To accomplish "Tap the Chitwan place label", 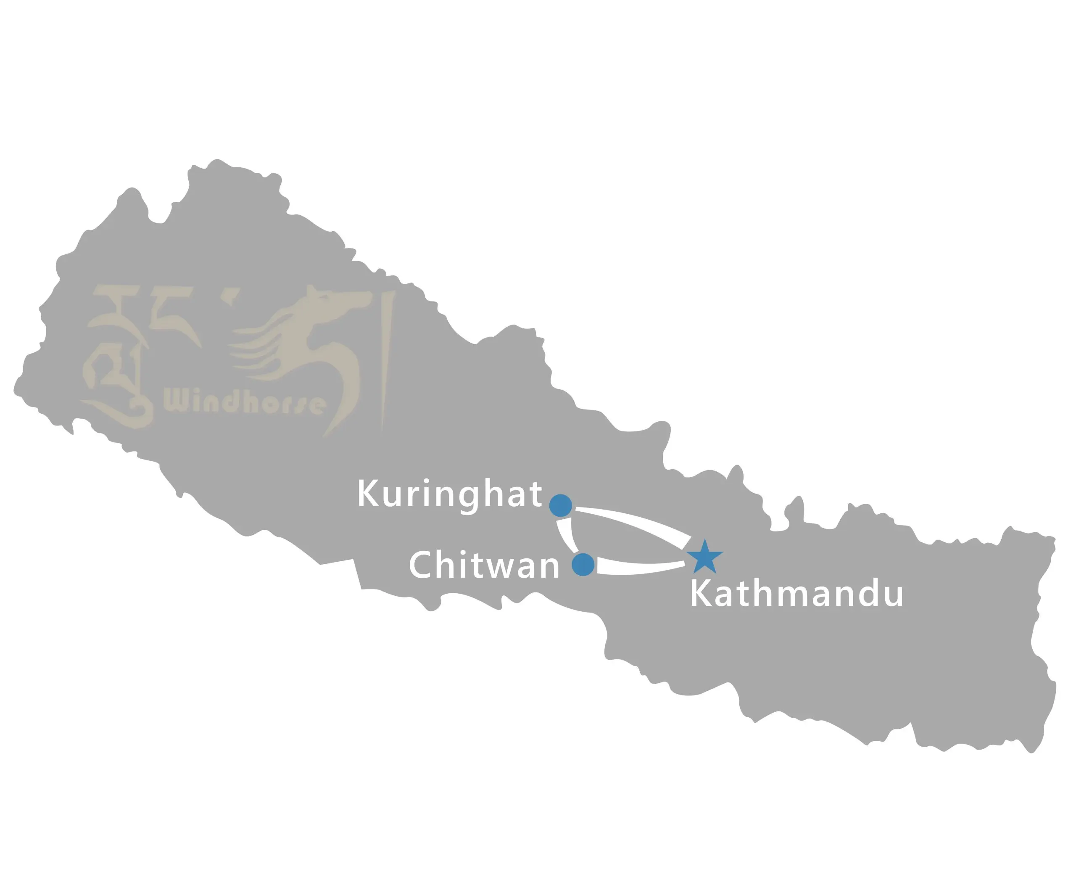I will click(484, 565).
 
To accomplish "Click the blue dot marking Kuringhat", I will click(561, 505).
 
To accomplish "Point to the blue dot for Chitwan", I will click(583, 564).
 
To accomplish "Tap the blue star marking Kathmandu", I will click(705, 557).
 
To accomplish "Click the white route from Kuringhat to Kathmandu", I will click(634, 522).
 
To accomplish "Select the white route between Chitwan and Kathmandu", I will click(639, 567).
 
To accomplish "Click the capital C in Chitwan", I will click(422, 565).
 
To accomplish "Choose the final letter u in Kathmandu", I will click(892, 597).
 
